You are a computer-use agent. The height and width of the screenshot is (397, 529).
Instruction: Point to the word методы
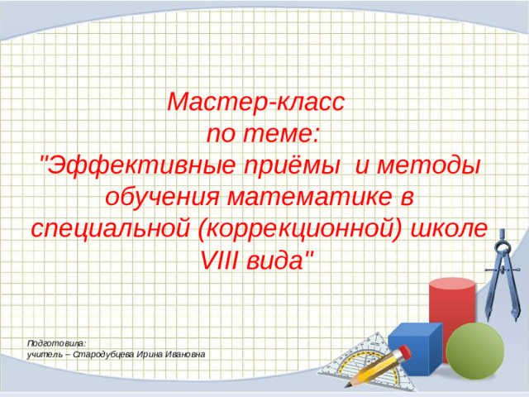pyautogui.click(x=431, y=165)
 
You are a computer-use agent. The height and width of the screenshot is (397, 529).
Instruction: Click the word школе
pyautogui.click(x=455, y=228)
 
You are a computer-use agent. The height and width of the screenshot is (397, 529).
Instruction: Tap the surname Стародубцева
pyautogui.click(x=103, y=353)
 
